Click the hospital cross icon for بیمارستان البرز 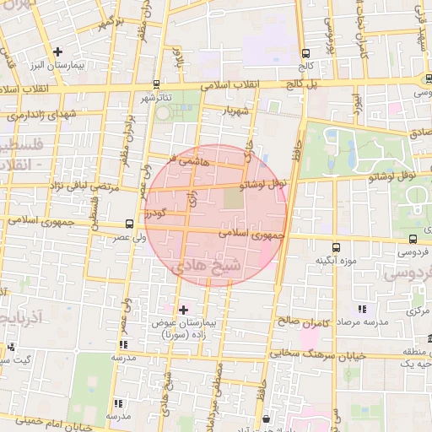point(57,51)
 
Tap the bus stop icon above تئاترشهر point(157,84)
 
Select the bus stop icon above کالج point(305,53)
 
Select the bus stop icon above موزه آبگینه point(337,248)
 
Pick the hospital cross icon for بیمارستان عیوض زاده point(184,310)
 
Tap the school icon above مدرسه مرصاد point(363,310)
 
